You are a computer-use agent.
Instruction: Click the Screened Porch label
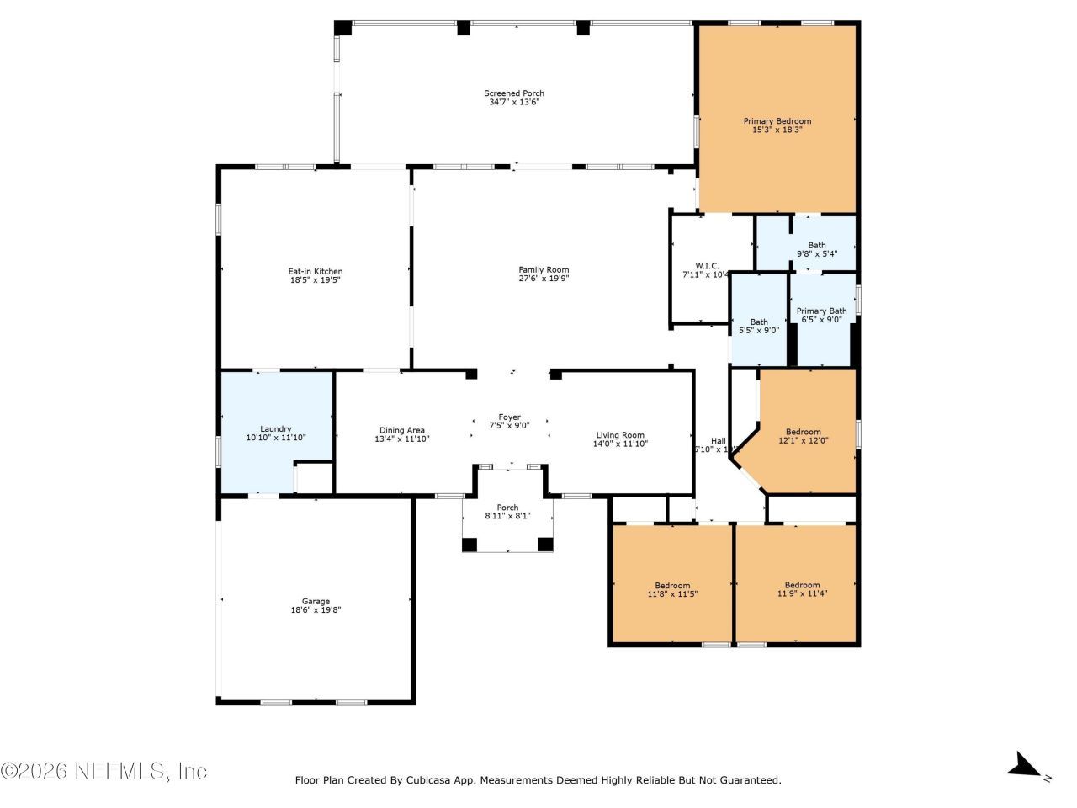point(513,93)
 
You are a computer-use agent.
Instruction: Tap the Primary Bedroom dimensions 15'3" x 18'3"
point(777,130)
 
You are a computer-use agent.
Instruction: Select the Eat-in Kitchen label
point(316,271)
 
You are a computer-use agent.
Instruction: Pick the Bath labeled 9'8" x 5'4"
point(816,245)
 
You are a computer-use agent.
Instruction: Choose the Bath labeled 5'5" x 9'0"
point(758,322)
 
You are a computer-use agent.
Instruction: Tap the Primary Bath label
point(821,311)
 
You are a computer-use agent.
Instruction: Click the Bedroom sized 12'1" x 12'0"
point(803,432)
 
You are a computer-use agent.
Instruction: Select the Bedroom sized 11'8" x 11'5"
point(672,586)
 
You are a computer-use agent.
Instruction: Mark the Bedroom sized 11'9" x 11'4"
point(802,585)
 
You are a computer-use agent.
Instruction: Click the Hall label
point(718,440)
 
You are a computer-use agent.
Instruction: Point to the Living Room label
point(620,435)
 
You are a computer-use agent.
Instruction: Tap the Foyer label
point(509,417)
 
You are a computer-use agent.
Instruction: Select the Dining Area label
point(401,430)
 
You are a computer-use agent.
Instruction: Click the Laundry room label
point(275,428)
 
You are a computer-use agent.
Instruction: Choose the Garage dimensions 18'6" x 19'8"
point(316,610)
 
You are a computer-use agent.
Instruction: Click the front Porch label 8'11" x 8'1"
point(507,507)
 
